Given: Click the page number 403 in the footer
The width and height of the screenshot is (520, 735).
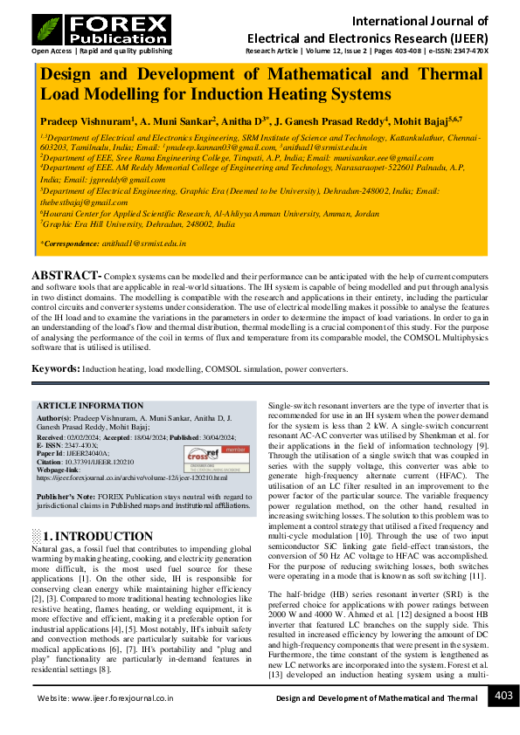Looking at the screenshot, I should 504,696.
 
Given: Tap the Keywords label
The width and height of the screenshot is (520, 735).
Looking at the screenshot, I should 56,369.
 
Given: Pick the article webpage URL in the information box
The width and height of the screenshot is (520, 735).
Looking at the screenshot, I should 131,478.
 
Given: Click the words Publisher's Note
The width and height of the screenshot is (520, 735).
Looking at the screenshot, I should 65,496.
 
